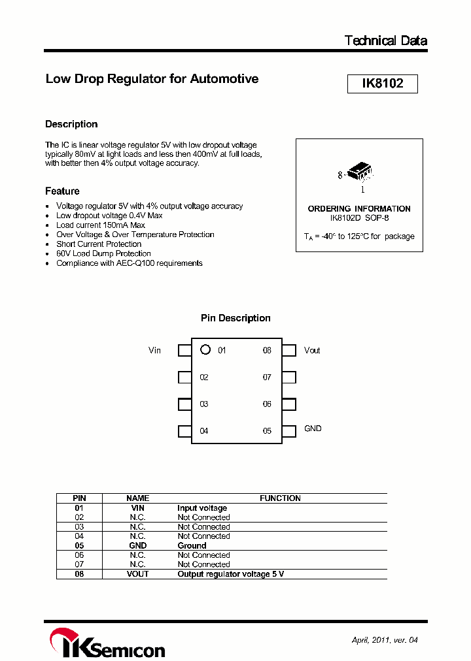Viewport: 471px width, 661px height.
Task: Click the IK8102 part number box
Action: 382,84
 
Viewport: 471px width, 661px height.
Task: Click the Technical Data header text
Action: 385,40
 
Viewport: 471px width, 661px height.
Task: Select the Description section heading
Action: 71,124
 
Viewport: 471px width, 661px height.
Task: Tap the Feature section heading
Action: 62,191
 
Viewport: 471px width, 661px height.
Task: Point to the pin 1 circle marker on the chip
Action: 205,350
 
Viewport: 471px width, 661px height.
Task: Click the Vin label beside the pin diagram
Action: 154,351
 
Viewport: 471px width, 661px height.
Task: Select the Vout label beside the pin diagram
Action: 312,351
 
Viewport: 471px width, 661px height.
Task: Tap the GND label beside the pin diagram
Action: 313,428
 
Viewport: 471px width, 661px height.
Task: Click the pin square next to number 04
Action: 184,431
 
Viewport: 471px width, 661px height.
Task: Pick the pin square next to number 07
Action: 289,378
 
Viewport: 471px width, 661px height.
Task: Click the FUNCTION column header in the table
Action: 280,498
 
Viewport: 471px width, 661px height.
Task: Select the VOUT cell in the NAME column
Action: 137,574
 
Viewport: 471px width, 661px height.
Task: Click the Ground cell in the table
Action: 192,545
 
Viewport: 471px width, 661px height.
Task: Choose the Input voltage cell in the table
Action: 202,508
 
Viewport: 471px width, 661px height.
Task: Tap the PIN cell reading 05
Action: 79,545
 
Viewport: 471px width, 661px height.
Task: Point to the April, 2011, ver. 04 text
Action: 384,640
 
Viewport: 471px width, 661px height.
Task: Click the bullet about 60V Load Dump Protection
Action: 103,253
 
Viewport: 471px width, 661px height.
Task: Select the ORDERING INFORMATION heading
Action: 359,209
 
